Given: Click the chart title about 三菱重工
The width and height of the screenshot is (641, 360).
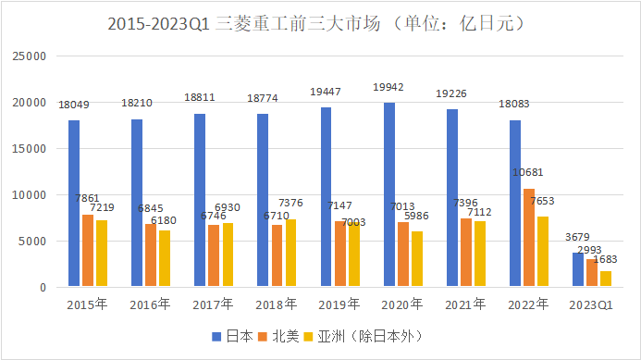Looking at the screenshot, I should click(x=320, y=25).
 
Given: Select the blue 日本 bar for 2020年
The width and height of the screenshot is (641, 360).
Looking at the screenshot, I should click(x=389, y=195).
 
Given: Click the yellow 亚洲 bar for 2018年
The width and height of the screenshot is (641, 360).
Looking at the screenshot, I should click(x=291, y=254).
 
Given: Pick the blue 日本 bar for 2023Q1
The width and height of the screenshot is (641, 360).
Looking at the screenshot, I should click(x=578, y=270).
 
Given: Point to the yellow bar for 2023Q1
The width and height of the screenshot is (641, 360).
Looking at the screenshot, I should click(x=606, y=279).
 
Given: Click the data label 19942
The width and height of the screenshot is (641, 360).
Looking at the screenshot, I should click(x=388, y=87).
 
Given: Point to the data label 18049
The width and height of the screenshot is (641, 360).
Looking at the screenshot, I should click(x=74, y=105).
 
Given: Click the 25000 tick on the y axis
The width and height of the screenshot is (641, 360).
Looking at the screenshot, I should click(x=30, y=56).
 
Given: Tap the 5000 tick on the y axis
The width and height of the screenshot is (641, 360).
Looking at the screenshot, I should click(x=33, y=242).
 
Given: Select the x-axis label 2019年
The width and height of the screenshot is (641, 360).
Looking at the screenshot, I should click(x=339, y=304).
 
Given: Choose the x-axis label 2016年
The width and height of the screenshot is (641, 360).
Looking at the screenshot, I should click(x=150, y=304).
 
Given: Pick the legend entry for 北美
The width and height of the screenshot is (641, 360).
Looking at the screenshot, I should click(x=279, y=337).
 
